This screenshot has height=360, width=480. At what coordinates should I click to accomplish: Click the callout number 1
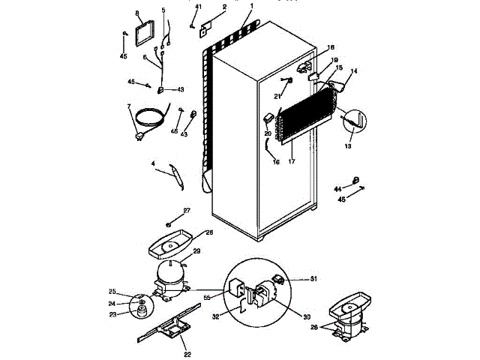pyautogui.click(x=252, y=5)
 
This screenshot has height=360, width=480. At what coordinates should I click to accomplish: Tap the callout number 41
pyautogui.click(x=199, y=7)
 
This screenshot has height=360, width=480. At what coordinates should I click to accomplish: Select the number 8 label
pyautogui.click(x=137, y=13)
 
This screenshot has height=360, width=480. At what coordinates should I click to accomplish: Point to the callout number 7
pyautogui.click(x=129, y=106)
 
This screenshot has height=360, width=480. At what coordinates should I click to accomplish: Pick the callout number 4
pyautogui.click(x=153, y=163)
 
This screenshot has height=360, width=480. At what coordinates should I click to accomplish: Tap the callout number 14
pyautogui.click(x=354, y=71)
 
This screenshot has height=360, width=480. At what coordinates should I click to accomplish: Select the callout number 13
pyautogui.click(x=347, y=147)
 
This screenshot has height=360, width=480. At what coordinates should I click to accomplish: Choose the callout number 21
pyautogui.click(x=277, y=97)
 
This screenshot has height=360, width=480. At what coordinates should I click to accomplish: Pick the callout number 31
pyautogui.click(x=314, y=279)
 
